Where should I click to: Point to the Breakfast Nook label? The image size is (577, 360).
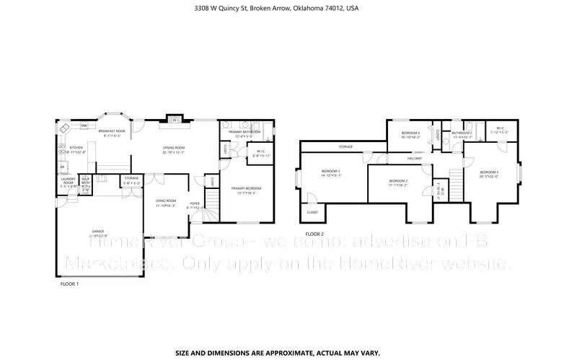(x=115, y=131)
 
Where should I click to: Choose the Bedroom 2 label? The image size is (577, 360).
(x=398, y=182)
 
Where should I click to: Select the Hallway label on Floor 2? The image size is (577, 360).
(x=414, y=158)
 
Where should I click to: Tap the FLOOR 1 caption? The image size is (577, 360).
(x=69, y=284)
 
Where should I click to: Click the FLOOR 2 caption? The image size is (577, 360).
(x=314, y=234)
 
